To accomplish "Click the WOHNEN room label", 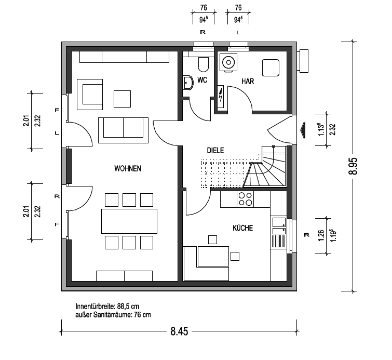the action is click(x=128, y=169).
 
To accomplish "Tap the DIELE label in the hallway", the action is click(x=215, y=150).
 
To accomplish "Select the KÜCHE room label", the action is click(x=242, y=228).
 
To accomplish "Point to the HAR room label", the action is click(x=248, y=82).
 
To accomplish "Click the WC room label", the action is click(x=202, y=80).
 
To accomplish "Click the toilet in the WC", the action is click(x=203, y=64).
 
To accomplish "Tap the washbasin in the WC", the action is click(x=188, y=83).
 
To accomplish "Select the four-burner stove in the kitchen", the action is click(x=245, y=199).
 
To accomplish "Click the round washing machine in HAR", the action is click(x=228, y=62).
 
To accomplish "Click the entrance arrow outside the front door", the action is click(x=303, y=130).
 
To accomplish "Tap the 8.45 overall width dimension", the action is click(x=179, y=331).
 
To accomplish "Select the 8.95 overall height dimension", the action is click(x=354, y=166).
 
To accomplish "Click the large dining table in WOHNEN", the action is click(x=129, y=221).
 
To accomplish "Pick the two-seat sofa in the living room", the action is click(x=123, y=130).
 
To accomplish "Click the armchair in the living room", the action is click(x=90, y=95).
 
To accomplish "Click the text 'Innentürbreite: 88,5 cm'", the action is click(x=107, y=306).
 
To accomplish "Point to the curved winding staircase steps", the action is click(x=266, y=171).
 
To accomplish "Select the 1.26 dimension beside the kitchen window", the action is click(x=321, y=235).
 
